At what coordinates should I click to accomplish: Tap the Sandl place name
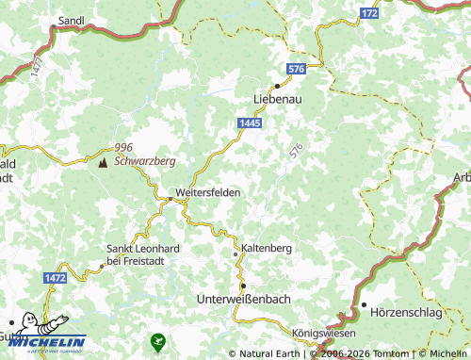(71, 19)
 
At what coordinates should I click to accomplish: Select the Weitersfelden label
(208, 192)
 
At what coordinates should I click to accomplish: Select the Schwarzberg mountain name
(145, 161)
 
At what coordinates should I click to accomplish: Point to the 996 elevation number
(123, 149)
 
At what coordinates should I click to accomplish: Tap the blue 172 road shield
(369, 14)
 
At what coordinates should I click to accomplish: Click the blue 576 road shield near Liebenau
(297, 70)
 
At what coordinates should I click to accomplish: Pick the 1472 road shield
(56, 279)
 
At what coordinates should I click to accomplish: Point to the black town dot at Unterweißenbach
(242, 285)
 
